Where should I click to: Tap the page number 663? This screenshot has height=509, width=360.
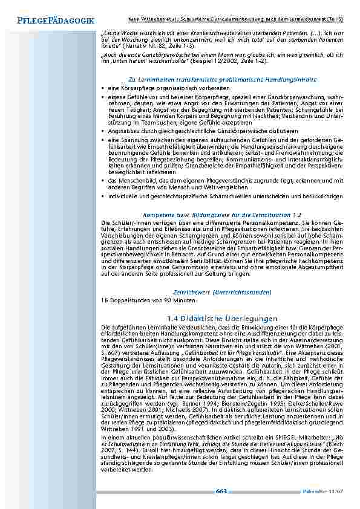221,490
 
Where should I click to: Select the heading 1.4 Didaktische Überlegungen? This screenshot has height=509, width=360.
221,318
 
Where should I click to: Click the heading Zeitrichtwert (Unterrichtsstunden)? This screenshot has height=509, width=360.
221,291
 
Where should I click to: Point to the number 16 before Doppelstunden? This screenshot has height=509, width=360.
104,300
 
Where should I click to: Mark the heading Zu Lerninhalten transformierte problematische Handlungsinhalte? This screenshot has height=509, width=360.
221,80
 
